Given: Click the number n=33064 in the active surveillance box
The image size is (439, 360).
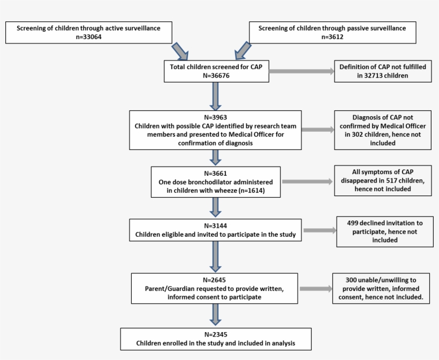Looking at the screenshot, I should pyautogui.click(x=88, y=37).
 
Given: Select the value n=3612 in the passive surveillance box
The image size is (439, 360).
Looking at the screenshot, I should pyautogui.click(x=332, y=37).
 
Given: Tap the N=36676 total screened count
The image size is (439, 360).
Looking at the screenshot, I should pyautogui.click(x=216, y=76).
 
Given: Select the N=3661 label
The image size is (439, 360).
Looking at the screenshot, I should pyautogui.click(x=216, y=174).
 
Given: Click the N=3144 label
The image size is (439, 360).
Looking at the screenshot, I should pyautogui.click(x=216, y=226).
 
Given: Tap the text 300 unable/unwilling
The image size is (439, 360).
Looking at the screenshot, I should pyautogui.click(x=381, y=280).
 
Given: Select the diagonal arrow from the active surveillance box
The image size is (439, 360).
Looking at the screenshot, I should pyautogui.click(x=180, y=52).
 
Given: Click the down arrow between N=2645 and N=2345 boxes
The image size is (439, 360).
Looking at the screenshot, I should pyautogui.click(x=215, y=314).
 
